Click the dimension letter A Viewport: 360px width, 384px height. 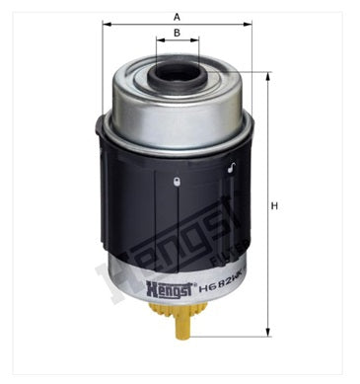[x=176, y=17]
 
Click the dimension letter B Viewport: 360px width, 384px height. [x=176, y=34]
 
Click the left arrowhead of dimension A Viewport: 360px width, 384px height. [x=104, y=26]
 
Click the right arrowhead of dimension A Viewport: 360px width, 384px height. [x=250, y=26]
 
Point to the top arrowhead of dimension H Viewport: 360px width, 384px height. [x=266, y=75]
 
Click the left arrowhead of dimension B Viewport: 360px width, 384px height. [x=157, y=43]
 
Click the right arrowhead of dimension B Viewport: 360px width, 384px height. [x=197, y=43]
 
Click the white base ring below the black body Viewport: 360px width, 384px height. [x=176, y=286]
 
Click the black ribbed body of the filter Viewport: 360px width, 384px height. [x=148, y=207]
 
